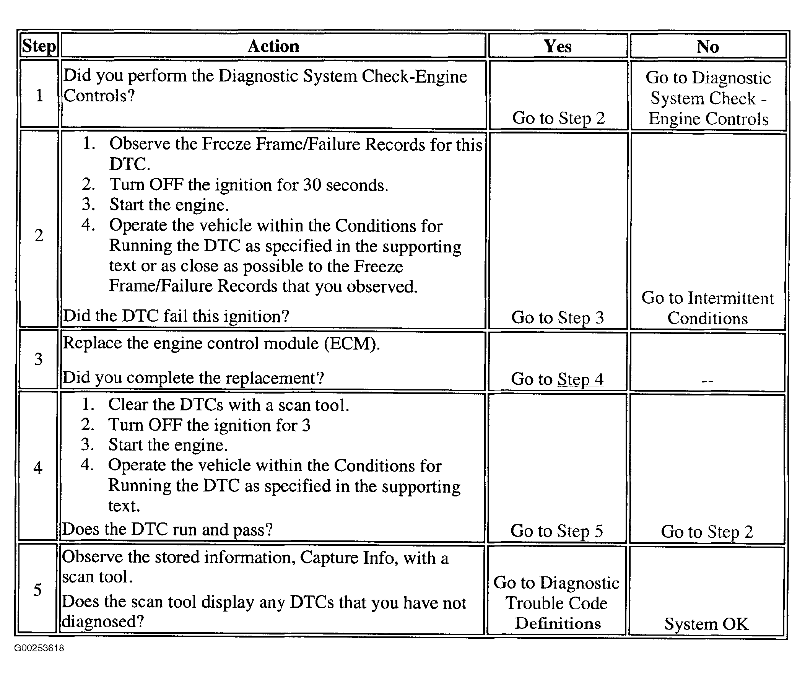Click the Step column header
click(39, 46)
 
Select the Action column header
click(273, 46)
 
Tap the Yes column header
click(558, 46)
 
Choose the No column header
click(707, 47)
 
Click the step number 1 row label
click(39, 95)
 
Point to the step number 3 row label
click(39, 359)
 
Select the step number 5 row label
click(37, 590)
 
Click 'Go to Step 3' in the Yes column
click(557, 318)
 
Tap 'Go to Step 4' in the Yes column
click(557, 379)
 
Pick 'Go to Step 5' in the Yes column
click(556, 531)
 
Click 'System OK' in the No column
click(706, 624)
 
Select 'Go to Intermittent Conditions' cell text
click(707, 308)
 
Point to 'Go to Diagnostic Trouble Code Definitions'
click(556, 603)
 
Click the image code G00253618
click(39, 648)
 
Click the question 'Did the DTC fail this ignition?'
click(176, 316)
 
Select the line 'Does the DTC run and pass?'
click(168, 529)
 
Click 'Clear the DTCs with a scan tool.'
click(229, 405)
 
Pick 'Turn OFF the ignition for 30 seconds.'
click(249, 185)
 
